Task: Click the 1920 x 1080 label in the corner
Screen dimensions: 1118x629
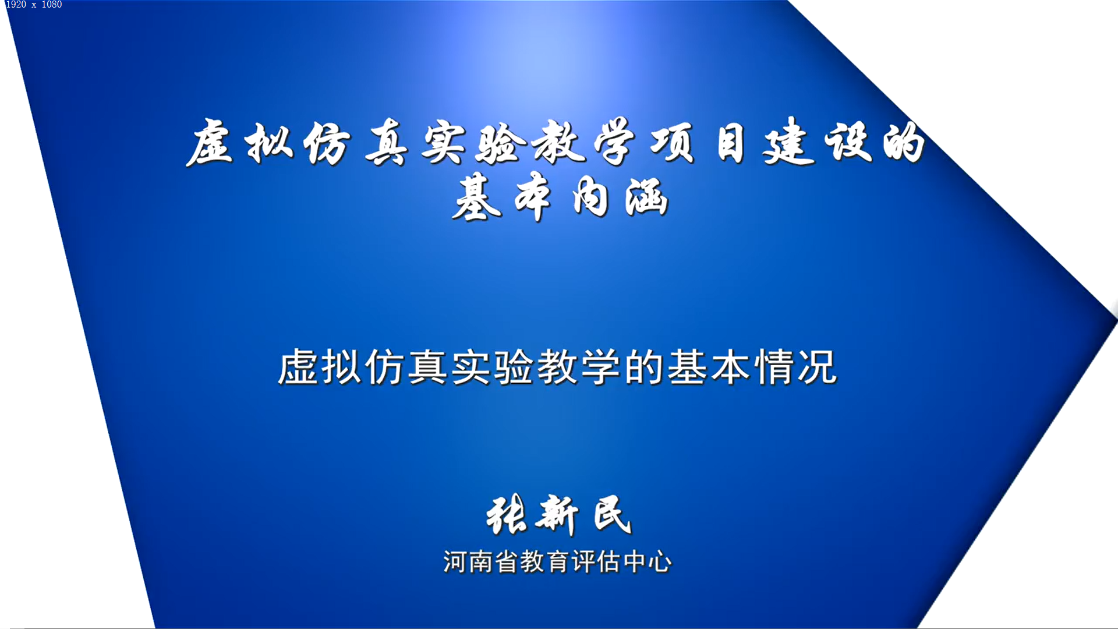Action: [34, 5]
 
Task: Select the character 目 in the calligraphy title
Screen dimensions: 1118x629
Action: [730, 143]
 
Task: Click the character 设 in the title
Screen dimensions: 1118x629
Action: [848, 142]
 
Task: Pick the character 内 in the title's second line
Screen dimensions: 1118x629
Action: [590, 198]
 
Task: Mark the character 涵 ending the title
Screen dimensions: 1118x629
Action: [646, 197]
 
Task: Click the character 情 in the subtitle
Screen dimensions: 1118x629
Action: [774, 367]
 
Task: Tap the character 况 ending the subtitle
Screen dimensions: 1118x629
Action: [818, 367]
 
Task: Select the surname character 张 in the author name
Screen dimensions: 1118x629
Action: [507, 515]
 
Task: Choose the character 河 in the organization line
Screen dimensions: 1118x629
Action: [455, 562]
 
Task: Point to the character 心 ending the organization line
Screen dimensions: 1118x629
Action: [660, 562]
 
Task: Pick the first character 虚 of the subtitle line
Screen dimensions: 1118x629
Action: [298, 367]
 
